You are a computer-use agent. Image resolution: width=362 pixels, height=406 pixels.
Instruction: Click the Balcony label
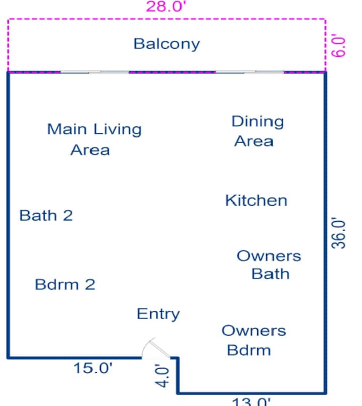166,44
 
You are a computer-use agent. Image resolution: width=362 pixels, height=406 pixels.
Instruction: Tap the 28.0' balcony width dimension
166,6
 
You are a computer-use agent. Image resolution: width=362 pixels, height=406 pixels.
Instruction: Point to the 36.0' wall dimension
338,233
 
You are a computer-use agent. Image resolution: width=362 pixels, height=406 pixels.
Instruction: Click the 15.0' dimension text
93,368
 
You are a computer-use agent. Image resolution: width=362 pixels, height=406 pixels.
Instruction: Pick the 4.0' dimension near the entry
162,375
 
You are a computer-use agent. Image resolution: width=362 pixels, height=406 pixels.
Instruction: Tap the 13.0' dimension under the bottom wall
251,402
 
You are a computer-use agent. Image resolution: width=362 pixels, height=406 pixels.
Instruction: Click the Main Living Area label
95,139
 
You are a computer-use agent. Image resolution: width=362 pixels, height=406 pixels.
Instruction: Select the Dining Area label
257,131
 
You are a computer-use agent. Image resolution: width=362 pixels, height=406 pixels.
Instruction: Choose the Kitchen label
256,200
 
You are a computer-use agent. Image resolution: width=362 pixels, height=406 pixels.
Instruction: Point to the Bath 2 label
46,215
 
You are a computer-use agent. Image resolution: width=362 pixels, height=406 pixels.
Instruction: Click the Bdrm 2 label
65,284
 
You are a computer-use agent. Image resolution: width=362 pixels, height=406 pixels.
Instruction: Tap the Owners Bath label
269,265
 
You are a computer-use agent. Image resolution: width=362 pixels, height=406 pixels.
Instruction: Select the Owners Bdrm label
254,340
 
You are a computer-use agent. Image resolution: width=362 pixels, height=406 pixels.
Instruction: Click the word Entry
158,314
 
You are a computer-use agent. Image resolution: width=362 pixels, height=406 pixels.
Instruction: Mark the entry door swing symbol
155,348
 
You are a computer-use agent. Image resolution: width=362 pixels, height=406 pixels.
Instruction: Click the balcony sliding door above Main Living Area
95,72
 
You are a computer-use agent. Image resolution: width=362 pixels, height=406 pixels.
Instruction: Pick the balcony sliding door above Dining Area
249,72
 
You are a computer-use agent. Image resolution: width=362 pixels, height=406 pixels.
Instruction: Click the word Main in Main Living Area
67,129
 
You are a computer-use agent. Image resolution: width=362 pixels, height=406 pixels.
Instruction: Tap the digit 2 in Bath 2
68,215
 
